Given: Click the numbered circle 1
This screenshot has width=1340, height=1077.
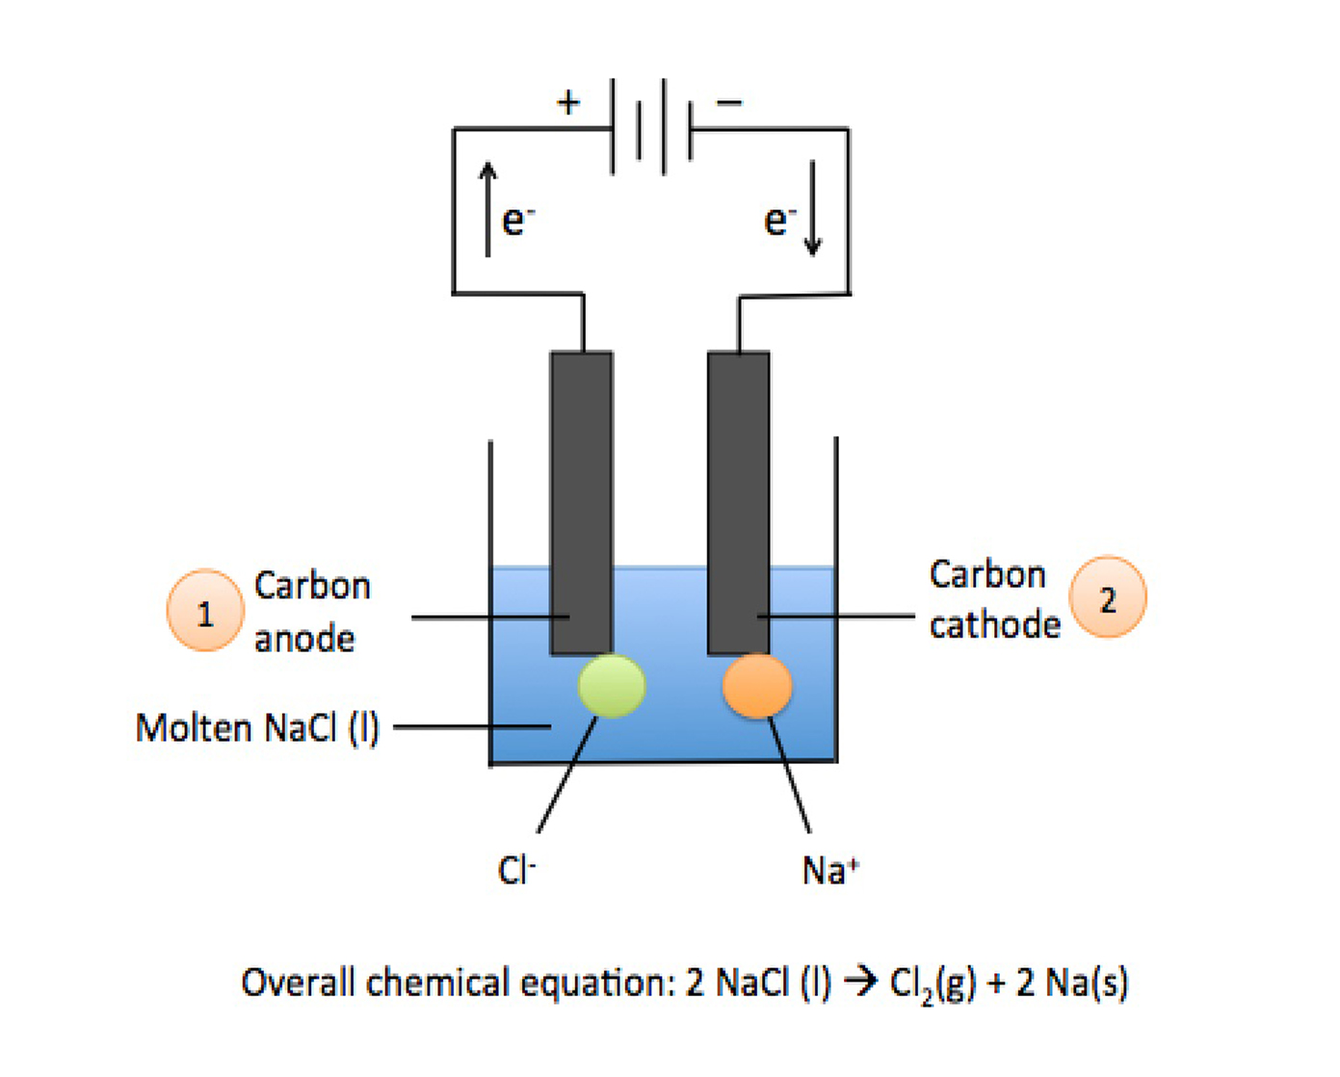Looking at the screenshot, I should click(x=204, y=612).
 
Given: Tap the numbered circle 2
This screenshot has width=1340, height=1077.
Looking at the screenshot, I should click(x=1108, y=598).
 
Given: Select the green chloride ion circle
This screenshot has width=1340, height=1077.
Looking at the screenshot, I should click(x=612, y=686).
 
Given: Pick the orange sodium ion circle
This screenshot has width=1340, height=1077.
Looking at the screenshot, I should click(x=757, y=686).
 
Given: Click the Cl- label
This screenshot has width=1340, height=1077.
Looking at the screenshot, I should click(x=516, y=870).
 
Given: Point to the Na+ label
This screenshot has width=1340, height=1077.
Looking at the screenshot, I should click(x=829, y=870).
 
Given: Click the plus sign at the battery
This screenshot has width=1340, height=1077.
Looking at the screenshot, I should click(x=568, y=102).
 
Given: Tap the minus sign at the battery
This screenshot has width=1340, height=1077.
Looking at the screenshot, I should click(x=729, y=102).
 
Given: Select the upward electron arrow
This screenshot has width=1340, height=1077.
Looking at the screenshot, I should click(x=488, y=209).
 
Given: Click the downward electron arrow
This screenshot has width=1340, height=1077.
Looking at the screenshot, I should click(x=813, y=209).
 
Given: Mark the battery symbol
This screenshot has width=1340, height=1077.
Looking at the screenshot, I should click(x=651, y=127).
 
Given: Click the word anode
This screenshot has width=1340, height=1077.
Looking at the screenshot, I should click(x=304, y=639).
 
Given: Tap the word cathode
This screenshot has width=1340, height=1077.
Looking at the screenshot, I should click(x=994, y=625).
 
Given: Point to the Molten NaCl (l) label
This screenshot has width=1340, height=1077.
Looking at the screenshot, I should click(x=257, y=728).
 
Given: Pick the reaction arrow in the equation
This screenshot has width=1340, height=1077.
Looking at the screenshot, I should click(x=860, y=983).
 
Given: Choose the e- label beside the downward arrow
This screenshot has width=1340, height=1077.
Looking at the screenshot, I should click(x=779, y=222).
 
